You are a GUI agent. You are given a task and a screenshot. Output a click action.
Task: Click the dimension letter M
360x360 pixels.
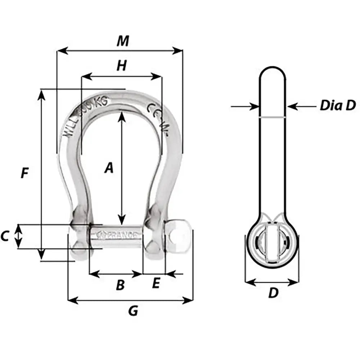(x=123, y=41)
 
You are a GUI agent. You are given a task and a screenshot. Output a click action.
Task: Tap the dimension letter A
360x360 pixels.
(x=108, y=168)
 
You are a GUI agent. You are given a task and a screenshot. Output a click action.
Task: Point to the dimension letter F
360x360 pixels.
(x=24, y=174)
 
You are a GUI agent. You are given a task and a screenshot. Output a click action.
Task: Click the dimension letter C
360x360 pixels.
(x=5, y=237)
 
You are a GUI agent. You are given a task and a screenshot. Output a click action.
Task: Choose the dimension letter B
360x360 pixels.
(x=120, y=285)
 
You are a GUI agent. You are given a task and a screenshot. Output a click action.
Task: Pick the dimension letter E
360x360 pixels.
(x=156, y=284)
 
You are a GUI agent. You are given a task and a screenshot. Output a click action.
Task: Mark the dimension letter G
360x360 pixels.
(x=133, y=311)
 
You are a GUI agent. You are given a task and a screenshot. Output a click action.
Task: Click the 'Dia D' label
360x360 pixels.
(x=337, y=106)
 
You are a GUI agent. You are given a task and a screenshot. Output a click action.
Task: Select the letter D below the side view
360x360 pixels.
(x=273, y=293)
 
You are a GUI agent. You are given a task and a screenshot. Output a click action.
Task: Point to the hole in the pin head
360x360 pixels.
(x=177, y=238)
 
